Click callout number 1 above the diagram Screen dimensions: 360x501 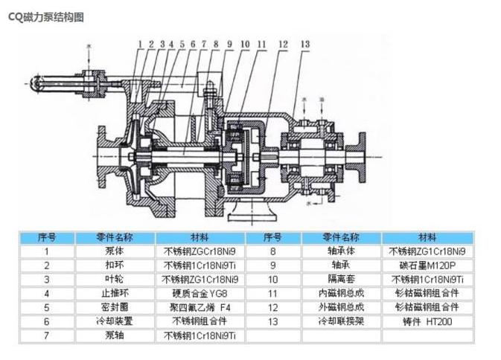coord(139,44)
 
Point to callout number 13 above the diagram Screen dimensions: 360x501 coord(306,45)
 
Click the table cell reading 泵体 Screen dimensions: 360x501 coord(114,251)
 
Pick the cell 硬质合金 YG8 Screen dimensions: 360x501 coord(200,293)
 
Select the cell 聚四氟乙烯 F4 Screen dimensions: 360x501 coord(200,307)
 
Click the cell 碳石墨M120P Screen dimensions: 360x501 coord(427,265)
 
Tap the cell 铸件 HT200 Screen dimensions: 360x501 coord(427,321)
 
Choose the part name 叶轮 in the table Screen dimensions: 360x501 coord(114,279)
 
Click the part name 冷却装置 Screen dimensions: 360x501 coord(114,321)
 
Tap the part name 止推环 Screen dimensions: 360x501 coord(114,293)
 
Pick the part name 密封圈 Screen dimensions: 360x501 coord(114,307)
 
